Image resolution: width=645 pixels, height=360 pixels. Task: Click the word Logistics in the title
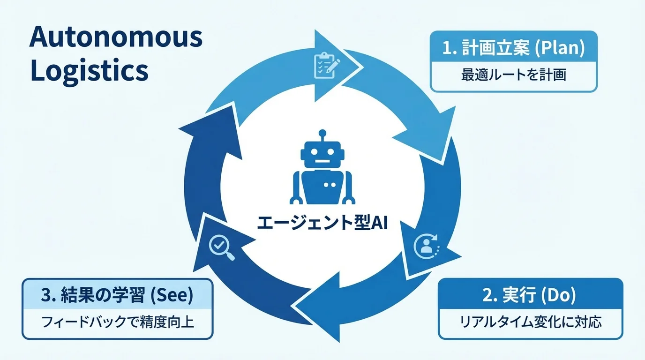coord(89,71)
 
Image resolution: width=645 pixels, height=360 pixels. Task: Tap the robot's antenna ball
coord(322,133)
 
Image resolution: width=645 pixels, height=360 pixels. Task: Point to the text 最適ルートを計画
coord(513,75)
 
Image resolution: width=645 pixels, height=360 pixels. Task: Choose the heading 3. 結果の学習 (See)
coord(117,295)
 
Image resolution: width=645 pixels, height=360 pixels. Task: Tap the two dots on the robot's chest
coord(330,185)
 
